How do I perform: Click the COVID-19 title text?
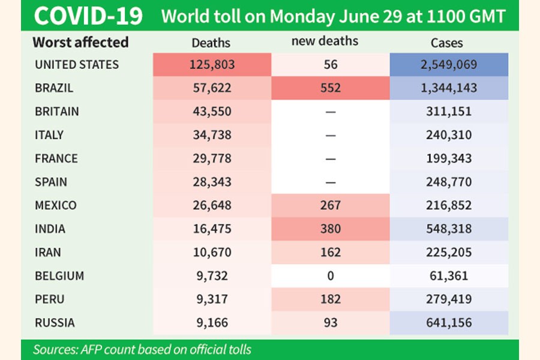click(88, 16)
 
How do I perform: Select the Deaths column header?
click(211, 43)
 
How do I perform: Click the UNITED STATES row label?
click(77, 65)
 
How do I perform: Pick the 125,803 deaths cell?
click(211, 65)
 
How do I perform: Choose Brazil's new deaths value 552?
click(330, 88)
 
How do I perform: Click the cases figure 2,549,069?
click(449, 65)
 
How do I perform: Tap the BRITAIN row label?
click(57, 112)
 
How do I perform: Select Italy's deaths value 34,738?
click(211, 135)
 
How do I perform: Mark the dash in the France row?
click(330, 159)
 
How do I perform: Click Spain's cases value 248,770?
click(449, 182)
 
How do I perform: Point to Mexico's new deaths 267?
click(330, 205)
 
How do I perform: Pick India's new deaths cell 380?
click(330, 229)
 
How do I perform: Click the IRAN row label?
click(48, 252)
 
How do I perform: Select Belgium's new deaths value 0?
click(330, 276)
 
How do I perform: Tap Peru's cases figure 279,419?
click(449, 299)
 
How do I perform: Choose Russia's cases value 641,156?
click(449, 323)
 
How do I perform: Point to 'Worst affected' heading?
click(80, 42)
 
